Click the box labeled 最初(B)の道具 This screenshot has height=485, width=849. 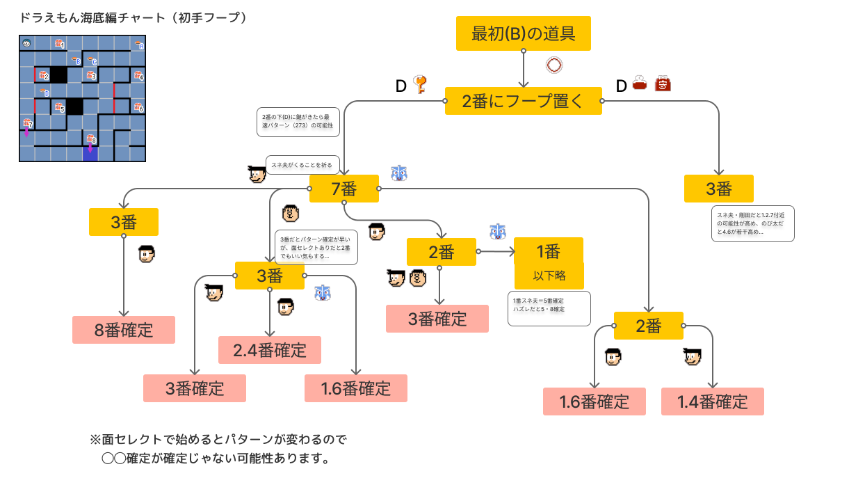[x=523, y=33]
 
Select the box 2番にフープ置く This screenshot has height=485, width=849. [x=523, y=101]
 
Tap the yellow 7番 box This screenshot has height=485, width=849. [x=344, y=189]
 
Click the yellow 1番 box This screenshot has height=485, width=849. [x=548, y=251]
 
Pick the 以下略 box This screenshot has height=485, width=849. [x=549, y=276]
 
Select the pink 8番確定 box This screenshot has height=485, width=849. [x=124, y=330]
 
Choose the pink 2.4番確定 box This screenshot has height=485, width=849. [x=270, y=350]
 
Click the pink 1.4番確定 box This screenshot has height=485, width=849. [x=712, y=401]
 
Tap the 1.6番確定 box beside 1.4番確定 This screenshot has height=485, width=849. [x=595, y=401]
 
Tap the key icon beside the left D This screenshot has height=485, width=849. [x=419, y=85]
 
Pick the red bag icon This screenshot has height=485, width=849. [x=663, y=85]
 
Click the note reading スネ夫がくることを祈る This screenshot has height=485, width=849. [x=302, y=165]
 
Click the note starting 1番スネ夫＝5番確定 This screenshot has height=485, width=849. [x=549, y=308]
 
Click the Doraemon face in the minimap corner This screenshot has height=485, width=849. [x=26, y=43]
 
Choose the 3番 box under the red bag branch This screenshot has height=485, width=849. [x=719, y=189]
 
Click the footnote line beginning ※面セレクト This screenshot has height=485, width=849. [x=218, y=440]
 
